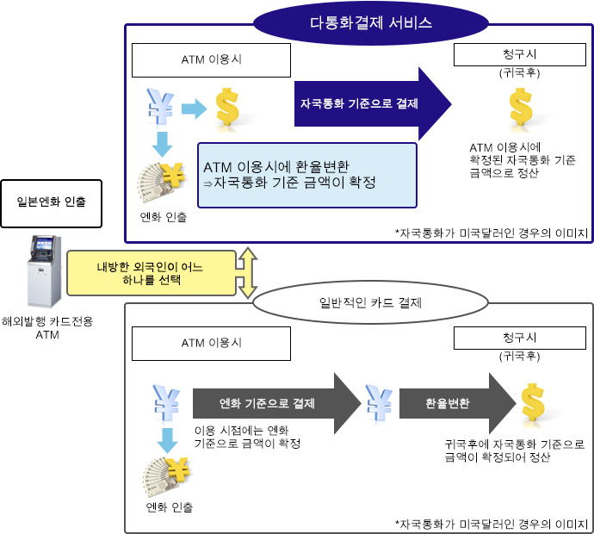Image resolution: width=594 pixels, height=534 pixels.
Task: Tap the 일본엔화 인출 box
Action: pyautogui.click(x=51, y=203)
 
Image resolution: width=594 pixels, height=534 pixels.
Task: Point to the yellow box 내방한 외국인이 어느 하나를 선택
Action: pyautogui.click(x=151, y=274)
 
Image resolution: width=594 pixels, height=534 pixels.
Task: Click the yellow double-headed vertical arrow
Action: pyautogui.click(x=248, y=272)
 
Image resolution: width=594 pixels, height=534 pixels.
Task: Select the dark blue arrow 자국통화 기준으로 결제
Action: pyautogui.click(x=372, y=103)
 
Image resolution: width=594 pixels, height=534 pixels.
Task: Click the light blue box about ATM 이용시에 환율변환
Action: pyautogui.click(x=307, y=175)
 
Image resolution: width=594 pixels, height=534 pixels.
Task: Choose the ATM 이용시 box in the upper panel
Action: pyautogui.click(x=212, y=60)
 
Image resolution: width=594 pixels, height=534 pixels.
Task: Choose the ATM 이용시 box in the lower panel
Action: pyautogui.click(x=212, y=343)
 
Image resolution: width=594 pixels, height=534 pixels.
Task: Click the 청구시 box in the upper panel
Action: pyautogui.click(x=519, y=54)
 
